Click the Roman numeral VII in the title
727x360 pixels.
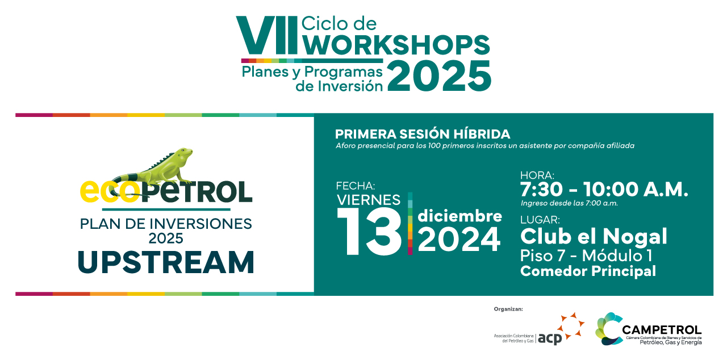(x=266, y=35)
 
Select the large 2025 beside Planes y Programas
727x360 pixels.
(x=439, y=76)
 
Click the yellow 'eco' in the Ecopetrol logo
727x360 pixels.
(x=110, y=192)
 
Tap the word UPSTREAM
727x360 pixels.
(x=166, y=262)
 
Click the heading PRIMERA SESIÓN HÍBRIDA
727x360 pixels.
(x=422, y=134)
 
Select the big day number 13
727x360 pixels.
(x=370, y=231)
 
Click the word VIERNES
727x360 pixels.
(x=369, y=200)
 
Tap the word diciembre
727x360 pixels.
(x=459, y=216)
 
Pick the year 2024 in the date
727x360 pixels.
(x=459, y=240)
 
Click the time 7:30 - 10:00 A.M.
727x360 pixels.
(x=604, y=190)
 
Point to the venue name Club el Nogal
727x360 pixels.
(x=594, y=236)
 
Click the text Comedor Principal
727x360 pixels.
(x=588, y=271)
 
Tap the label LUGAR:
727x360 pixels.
(x=540, y=220)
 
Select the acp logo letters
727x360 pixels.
(x=550, y=338)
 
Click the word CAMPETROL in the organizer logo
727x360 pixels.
(x=662, y=330)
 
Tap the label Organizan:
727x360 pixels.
(x=508, y=309)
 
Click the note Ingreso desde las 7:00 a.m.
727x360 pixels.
(x=569, y=203)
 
